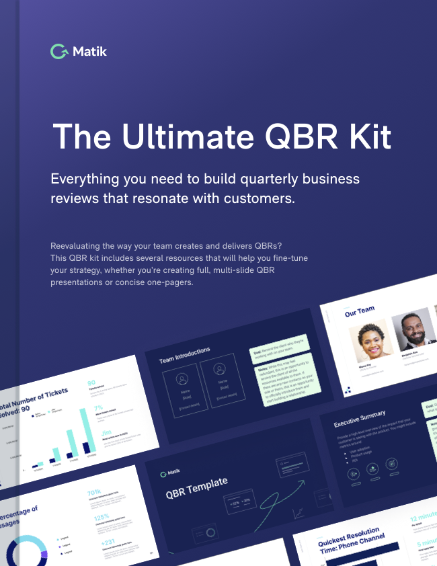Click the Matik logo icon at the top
click(x=58, y=51)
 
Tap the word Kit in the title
click(x=366, y=136)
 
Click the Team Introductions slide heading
click(x=184, y=354)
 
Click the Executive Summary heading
click(x=360, y=417)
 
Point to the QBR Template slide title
click(x=196, y=489)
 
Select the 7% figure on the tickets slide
click(x=98, y=408)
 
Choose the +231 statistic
click(x=107, y=542)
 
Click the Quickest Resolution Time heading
click(x=349, y=537)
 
